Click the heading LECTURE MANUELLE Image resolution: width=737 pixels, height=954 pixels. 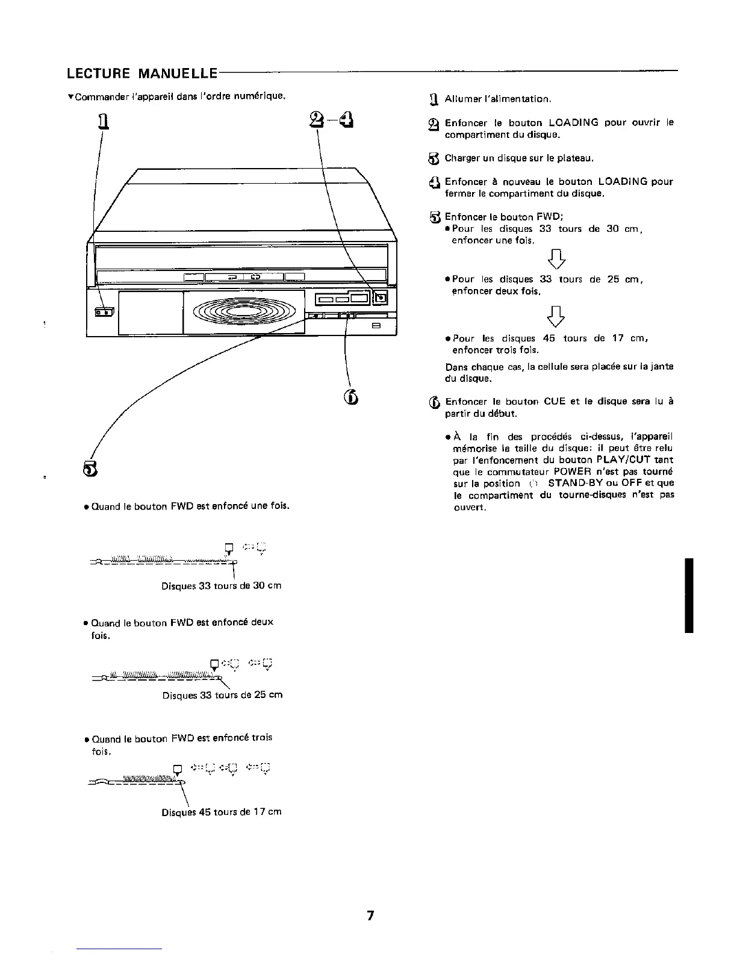(x=141, y=74)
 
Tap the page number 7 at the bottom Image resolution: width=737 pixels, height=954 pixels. (x=370, y=916)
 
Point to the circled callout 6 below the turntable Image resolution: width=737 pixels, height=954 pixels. (x=352, y=398)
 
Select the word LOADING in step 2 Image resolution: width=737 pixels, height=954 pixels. (x=574, y=123)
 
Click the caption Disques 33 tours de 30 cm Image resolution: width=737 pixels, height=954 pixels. (x=221, y=586)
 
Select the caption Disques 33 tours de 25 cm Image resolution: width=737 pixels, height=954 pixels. (x=222, y=695)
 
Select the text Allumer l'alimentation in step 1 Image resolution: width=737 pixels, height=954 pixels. (x=498, y=99)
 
